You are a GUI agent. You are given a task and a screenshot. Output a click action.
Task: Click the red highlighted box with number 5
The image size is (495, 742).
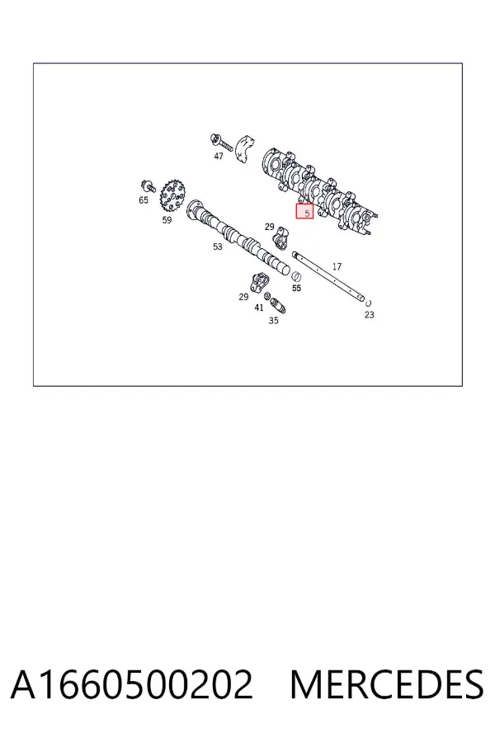[x=304, y=212]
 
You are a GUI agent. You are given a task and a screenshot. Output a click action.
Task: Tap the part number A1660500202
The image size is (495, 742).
[x=132, y=684]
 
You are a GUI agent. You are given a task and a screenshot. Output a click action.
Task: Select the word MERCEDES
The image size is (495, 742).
[x=387, y=684]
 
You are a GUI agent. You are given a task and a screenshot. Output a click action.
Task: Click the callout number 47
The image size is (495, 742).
[x=219, y=156]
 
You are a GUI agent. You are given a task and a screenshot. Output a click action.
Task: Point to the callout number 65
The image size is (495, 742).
[x=144, y=200]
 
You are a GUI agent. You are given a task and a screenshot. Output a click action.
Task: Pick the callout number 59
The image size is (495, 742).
[x=167, y=220]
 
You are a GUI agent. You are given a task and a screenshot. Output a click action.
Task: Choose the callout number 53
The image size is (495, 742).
[x=218, y=247]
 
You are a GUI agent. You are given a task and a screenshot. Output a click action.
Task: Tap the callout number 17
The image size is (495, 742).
[x=337, y=267]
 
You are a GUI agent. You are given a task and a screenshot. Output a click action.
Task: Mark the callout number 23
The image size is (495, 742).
[x=370, y=315]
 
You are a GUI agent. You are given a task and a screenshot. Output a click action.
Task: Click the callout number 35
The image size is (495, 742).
[x=273, y=321]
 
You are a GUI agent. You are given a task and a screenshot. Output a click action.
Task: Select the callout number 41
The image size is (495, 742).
[x=258, y=308]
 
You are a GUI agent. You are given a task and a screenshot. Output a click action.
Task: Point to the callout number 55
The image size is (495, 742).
[x=296, y=289]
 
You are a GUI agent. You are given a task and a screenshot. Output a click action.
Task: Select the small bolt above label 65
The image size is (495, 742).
[x=148, y=186]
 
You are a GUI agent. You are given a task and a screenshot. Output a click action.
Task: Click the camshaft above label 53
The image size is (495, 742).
[x=238, y=237]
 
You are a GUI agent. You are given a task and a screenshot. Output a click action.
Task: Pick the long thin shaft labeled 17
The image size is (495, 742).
[x=329, y=277]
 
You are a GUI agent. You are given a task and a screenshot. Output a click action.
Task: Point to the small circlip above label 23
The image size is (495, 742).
[x=369, y=303]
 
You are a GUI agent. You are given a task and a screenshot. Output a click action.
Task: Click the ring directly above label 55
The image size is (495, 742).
[x=296, y=277]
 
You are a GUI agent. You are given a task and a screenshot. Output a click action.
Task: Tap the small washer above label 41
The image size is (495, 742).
[x=267, y=297]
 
